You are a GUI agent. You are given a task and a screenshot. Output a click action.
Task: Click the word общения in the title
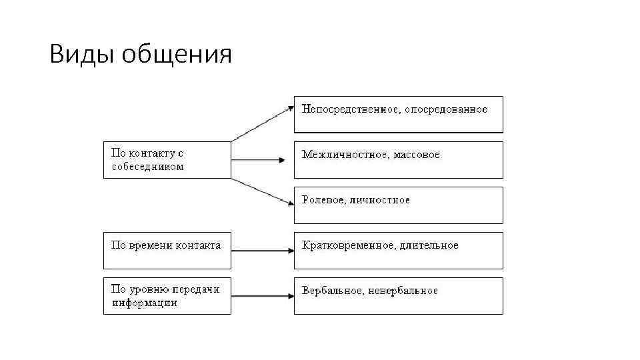(x=177, y=56)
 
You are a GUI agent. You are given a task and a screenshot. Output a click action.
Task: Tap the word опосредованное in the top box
(x=446, y=109)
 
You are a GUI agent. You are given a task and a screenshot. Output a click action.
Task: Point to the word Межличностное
(x=345, y=155)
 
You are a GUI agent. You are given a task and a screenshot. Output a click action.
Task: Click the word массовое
(x=417, y=155)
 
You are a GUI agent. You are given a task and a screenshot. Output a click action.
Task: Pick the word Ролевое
(x=323, y=200)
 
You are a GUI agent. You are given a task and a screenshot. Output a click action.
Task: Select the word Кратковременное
(x=349, y=245)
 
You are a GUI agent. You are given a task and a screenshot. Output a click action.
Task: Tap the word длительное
(x=430, y=245)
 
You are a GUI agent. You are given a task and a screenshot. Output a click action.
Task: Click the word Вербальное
(x=331, y=291)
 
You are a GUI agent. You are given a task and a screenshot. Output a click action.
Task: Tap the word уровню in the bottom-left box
(x=149, y=290)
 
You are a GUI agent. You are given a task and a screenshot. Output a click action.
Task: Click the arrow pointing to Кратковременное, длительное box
(x=263, y=251)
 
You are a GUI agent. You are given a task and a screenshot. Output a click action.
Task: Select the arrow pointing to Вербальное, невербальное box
(x=263, y=296)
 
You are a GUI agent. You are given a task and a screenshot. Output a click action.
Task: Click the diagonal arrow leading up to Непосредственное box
(x=263, y=122)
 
